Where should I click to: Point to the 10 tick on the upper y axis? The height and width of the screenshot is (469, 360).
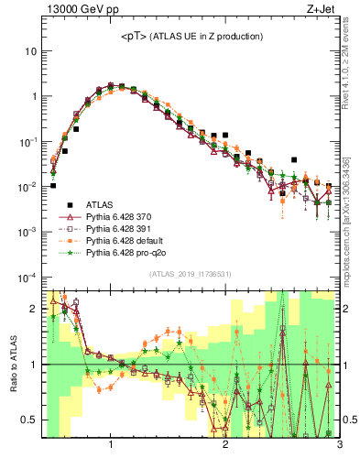click(30, 51)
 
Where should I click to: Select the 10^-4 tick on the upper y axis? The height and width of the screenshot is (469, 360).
click(27, 277)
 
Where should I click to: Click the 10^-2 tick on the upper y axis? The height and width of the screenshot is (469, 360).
click(27, 187)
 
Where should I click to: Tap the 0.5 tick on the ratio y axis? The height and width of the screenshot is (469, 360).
click(30, 420)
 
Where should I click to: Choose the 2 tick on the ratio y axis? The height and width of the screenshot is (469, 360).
click(33, 309)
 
